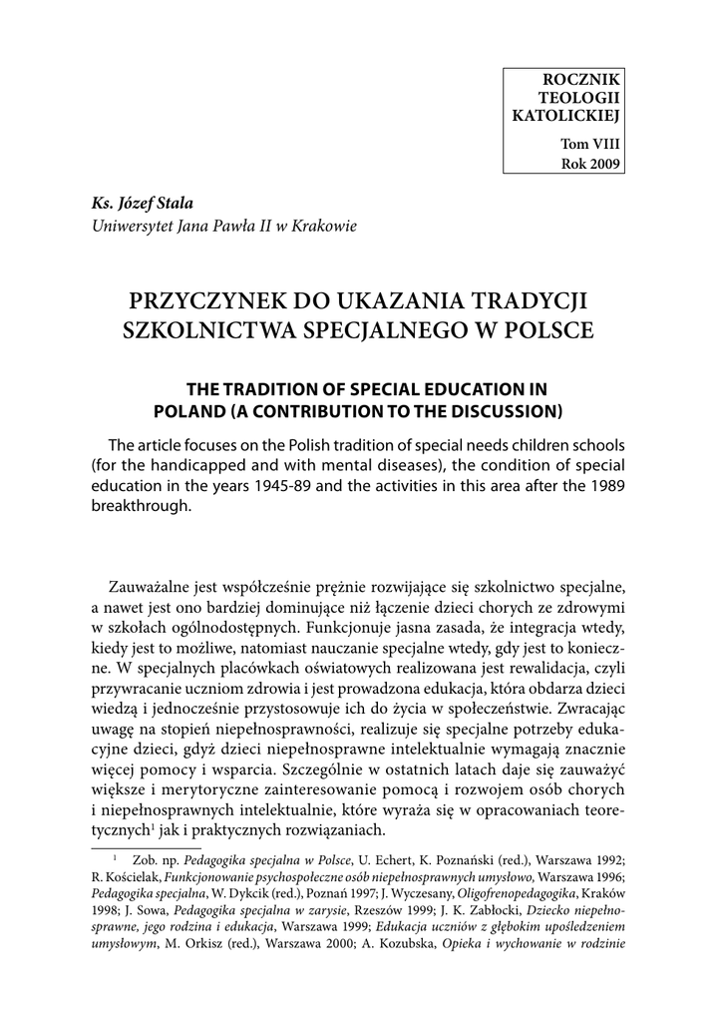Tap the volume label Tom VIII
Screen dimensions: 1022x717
[x=593, y=145]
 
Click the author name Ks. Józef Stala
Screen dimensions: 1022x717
[x=143, y=204]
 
